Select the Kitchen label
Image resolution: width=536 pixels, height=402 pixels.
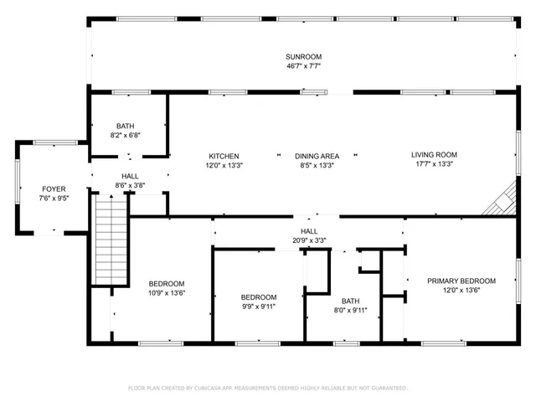click(x=224, y=156)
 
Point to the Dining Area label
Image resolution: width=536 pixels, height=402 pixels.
click(x=316, y=156)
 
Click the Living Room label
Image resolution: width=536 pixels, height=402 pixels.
click(x=434, y=155)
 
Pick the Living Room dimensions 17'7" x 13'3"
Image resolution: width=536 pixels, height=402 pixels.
click(x=434, y=165)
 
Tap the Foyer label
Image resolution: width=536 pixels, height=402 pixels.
click(x=54, y=189)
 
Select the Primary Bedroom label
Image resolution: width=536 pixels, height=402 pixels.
click(x=461, y=281)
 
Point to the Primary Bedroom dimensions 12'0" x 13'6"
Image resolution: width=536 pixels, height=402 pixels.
click(x=461, y=291)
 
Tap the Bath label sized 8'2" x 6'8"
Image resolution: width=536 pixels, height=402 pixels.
click(x=125, y=126)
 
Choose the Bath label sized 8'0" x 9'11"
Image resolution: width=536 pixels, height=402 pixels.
click(x=349, y=301)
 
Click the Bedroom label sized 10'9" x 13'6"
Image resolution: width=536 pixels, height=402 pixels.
click(x=167, y=283)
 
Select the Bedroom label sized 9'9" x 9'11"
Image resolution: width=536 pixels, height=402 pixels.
click(x=258, y=297)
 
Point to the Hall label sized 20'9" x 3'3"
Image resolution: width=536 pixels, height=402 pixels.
click(x=309, y=231)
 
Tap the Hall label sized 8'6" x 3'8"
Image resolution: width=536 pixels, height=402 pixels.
click(x=131, y=177)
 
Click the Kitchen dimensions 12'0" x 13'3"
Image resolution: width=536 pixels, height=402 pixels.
click(x=224, y=166)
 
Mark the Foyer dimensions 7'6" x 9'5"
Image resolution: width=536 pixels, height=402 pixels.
click(x=54, y=199)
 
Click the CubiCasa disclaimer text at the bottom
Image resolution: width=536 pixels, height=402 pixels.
click(x=267, y=389)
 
